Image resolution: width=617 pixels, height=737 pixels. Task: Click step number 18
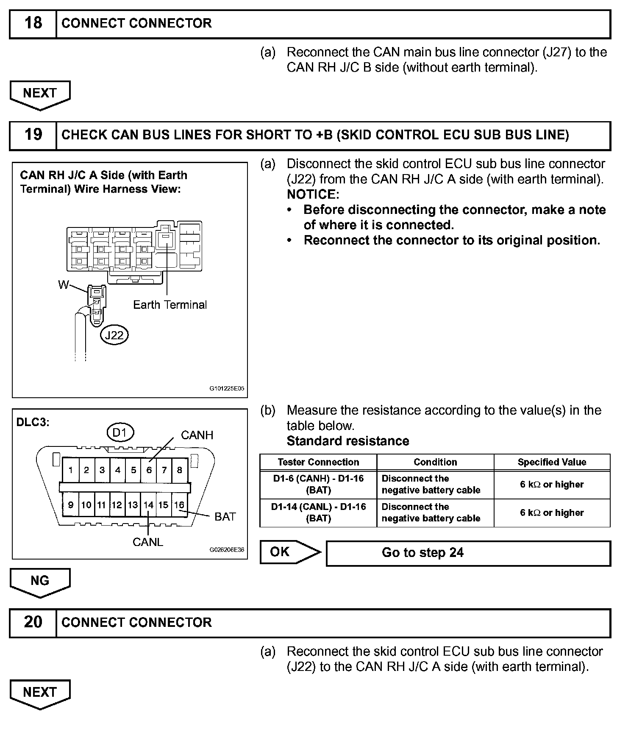tap(33, 23)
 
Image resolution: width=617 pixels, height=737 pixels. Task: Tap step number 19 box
tap(33, 135)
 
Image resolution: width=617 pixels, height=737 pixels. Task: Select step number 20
tap(33, 622)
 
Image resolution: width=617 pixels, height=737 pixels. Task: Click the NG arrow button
tap(40, 581)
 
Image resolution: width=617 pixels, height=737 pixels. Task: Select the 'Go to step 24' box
tap(468, 553)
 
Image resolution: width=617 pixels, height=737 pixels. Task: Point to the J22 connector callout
tap(114, 335)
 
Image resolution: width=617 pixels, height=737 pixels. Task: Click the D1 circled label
tap(120, 432)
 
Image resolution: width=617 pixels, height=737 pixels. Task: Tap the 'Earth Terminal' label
tap(170, 305)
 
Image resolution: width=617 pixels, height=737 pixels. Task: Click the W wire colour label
tap(63, 285)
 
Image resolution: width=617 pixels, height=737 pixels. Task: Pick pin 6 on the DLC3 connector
tap(149, 470)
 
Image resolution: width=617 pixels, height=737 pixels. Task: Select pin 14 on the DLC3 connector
tap(148, 505)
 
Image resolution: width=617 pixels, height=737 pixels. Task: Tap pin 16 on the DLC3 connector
tap(179, 505)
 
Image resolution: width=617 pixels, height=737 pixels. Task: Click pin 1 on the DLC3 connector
tap(71, 470)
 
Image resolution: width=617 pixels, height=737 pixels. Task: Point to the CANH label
tap(197, 435)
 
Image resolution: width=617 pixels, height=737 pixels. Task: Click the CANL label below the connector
tap(148, 542)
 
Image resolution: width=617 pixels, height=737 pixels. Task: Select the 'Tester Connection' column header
tap(318, 462)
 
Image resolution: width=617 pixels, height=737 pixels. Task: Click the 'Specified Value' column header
tap(552, 462)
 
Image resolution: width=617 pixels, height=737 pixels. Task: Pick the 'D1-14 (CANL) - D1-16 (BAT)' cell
tap(318, 513)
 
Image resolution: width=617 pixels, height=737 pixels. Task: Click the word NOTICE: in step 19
tap(313, 195)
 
